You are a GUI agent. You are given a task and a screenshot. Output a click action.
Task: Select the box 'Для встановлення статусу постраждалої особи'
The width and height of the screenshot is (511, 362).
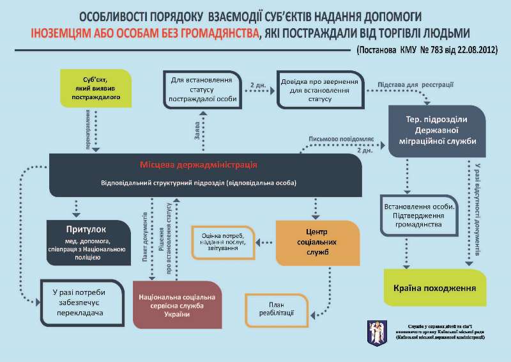(x=202, y=89)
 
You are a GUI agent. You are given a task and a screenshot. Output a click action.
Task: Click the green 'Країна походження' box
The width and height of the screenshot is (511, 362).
(x=434, y=288)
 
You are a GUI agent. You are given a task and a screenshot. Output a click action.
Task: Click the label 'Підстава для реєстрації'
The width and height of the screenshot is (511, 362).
(x=415, y=84)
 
